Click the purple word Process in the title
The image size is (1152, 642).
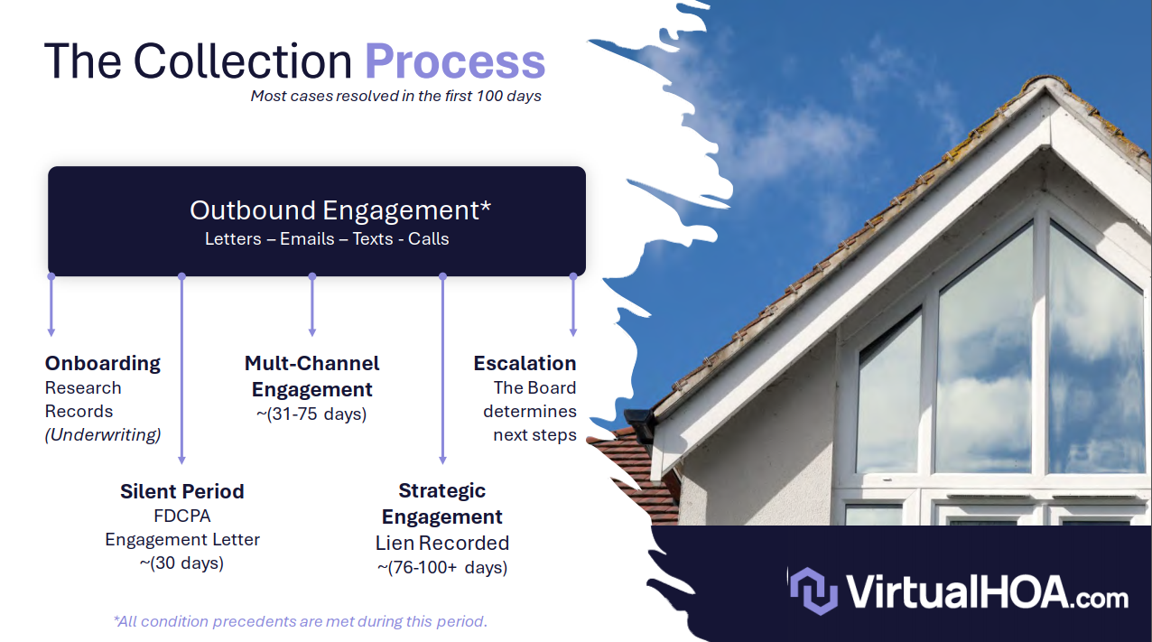[455, 61]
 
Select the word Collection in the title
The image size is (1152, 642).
[242, 60]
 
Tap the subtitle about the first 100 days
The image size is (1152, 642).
[395, 97]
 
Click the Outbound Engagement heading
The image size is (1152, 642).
[340, 210]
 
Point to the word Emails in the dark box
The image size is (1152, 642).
[307, 238]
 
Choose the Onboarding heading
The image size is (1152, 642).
[102, 364]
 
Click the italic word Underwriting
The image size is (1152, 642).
[103, 434]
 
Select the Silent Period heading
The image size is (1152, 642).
[182, 491]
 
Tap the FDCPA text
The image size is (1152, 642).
[182, 516]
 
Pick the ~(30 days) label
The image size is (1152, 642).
[181, 563]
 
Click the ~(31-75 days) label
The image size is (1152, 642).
[311, 414]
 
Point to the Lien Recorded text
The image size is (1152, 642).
[442, 544]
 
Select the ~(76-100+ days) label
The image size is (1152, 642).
[442, 567]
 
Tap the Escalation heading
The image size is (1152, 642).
[525, 363]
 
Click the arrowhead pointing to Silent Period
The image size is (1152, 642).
[181, 460]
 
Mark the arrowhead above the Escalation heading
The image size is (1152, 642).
[573, 332]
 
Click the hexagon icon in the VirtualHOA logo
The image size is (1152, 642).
[814, 591]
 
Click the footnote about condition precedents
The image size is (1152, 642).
[301, 621]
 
